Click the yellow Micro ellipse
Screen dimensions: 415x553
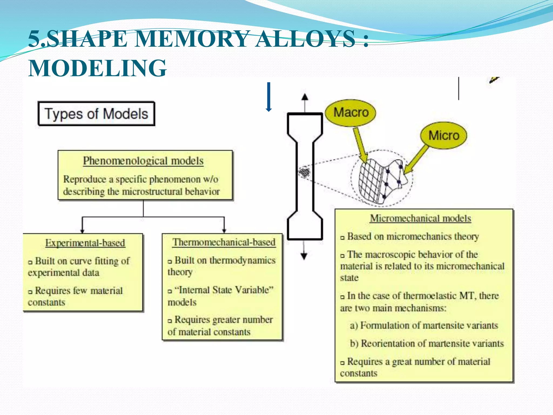444,135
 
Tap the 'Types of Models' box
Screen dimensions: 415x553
96,114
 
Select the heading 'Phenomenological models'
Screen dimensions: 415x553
143,161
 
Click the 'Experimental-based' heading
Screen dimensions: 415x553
85,243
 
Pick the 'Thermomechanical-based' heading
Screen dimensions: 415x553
224,242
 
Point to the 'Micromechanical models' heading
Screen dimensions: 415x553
420,218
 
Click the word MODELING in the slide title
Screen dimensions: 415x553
97,68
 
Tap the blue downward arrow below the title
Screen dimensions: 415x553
268,97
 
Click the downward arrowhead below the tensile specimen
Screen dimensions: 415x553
304,256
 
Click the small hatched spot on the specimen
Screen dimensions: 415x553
305,172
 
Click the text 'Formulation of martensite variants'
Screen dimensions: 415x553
429,325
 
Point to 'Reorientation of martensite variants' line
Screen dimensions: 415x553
432,343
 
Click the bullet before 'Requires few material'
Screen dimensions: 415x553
30,292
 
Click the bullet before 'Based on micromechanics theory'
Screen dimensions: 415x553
342,238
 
